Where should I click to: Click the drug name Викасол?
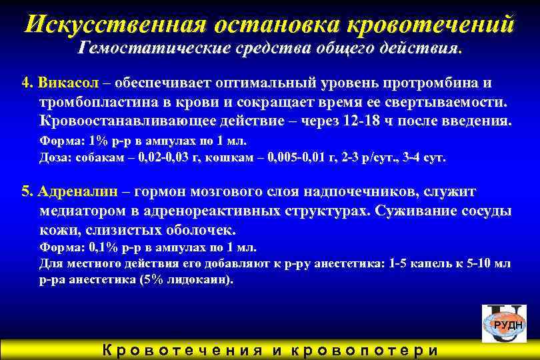[70, 84]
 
